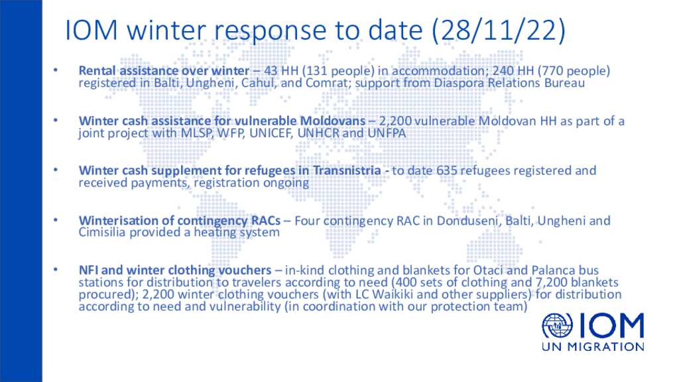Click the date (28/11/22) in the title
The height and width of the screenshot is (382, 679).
coord(499,30)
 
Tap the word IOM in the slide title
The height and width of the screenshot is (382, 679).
coord(92,30)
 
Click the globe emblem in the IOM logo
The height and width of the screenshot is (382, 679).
coord(557,326)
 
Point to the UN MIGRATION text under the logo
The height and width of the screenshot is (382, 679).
coord(593,346)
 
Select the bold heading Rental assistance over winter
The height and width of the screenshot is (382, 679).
coord(164,70)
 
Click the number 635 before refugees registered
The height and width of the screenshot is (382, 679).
coord(446,170)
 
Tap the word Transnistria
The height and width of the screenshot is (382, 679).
coord(346,170)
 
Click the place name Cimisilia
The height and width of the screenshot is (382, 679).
coord(102,233)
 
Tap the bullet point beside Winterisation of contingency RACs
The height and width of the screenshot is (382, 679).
coord(56,220)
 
